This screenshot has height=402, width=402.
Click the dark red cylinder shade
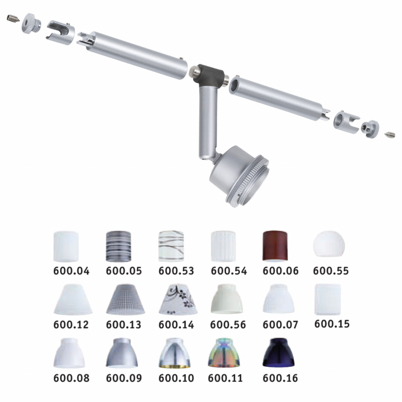pyautogui.click(x=275, y=246)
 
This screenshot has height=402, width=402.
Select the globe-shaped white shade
pyautogui.click(x=329, y=244)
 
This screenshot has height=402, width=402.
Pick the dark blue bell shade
pyautogui.click(x=278, y=353)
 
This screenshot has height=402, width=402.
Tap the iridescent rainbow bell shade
pyautogui.click(x=224, y=353)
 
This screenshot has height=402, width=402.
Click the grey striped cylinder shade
pyautogui.click(x=119, y=246)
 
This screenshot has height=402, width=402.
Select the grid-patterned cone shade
pyautogui.click(x=125, y=299)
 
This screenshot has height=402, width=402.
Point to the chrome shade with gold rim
pyautogui.click(x=174, y=353)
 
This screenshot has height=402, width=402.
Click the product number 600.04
pyautogui.click(x=71, y=271)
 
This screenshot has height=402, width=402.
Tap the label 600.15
pyautogui.click(x=332, y=324)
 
